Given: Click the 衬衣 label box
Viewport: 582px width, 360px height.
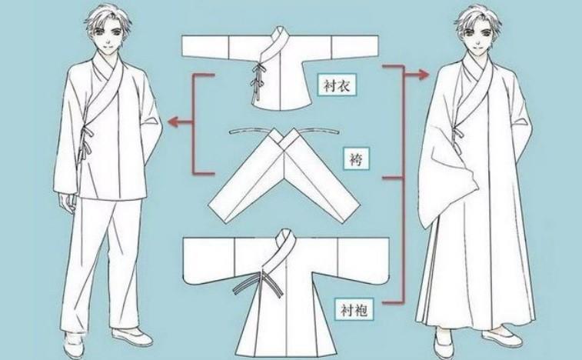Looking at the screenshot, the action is tap(337, 86).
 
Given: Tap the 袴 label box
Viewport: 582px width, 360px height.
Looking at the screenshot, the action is tap(356, 159).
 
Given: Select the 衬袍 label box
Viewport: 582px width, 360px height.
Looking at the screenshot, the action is tap(354, 310).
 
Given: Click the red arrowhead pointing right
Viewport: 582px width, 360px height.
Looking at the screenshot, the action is tap(424, 75).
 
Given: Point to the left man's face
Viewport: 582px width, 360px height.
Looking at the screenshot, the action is tap(108, 38).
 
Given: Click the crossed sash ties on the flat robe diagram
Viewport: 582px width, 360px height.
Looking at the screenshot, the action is tap(258, 283).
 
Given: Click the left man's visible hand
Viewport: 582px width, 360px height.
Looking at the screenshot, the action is tap(67, 203).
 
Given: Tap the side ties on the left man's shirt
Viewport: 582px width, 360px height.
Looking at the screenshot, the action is tap(86, 141).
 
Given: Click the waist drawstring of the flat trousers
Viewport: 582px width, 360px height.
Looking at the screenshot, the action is tap(284, 131).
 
